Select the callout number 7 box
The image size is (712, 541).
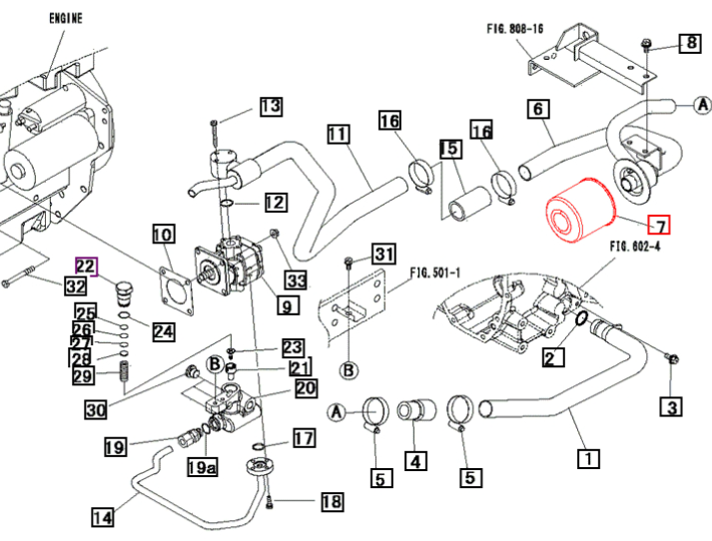click(659, 226)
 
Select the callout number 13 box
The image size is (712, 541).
click(271, 107)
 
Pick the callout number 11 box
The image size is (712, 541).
click(338, 134)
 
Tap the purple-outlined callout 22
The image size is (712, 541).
click(86, 267)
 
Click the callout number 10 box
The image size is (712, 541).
click(163, 236)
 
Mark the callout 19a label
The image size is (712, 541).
click(203, 467)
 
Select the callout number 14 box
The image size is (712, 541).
click(102, 517)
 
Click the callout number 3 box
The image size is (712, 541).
click(670, 406)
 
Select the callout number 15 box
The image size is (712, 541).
click(450, 149)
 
